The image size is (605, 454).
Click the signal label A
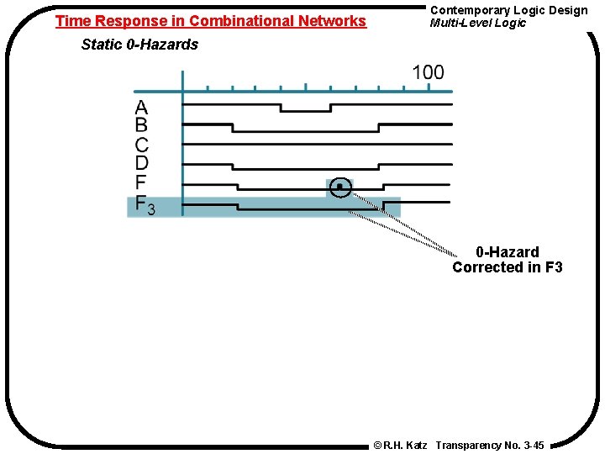[141, 108]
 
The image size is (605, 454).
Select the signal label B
[141, 126]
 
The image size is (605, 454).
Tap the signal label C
[141, 145]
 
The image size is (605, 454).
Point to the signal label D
[141, 163]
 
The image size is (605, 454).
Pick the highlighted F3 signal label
[145, 206]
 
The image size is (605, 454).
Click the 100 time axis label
[428, 73]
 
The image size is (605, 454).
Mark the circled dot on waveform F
[339, 187]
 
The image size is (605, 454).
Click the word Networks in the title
[334, 21]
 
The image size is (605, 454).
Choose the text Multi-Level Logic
[477, 23]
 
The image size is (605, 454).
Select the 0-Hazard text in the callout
[508, 252]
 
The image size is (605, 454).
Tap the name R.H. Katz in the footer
[406, 445]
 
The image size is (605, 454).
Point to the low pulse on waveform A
[306, 110]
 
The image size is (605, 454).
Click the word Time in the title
[71, 21]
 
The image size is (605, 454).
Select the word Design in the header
[568, 10]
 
